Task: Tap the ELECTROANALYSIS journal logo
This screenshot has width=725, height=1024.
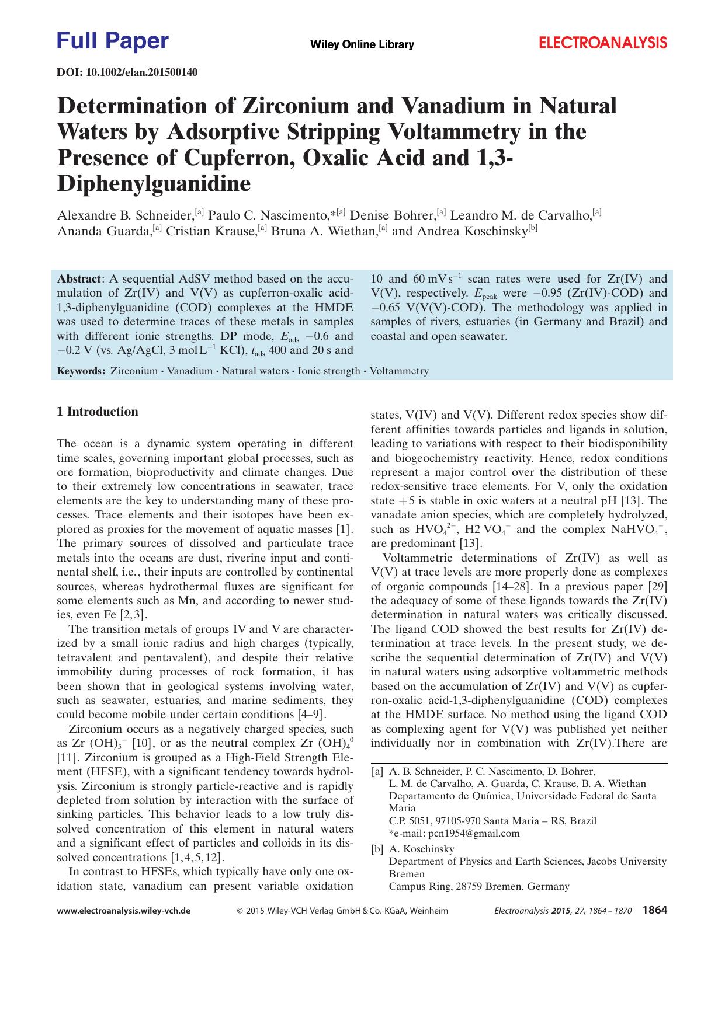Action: coord(602,43)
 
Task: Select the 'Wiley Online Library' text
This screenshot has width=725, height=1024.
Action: coord(362,45)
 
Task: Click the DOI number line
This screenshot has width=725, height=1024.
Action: coord(127,72)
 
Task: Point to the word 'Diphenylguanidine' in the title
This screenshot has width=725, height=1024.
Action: coord(154,184)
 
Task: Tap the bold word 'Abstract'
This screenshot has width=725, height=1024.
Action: coord(79,279)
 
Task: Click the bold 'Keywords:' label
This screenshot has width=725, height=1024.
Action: coord(81,371)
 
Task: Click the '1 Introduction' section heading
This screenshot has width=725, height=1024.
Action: coord(98,412)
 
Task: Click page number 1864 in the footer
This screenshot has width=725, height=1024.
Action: coord(654,910)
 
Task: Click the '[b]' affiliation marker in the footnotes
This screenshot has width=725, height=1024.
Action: coord(377,849)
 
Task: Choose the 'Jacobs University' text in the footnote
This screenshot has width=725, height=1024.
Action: coord(626,861)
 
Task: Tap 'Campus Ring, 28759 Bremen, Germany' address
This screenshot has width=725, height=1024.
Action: coord(478,887)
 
